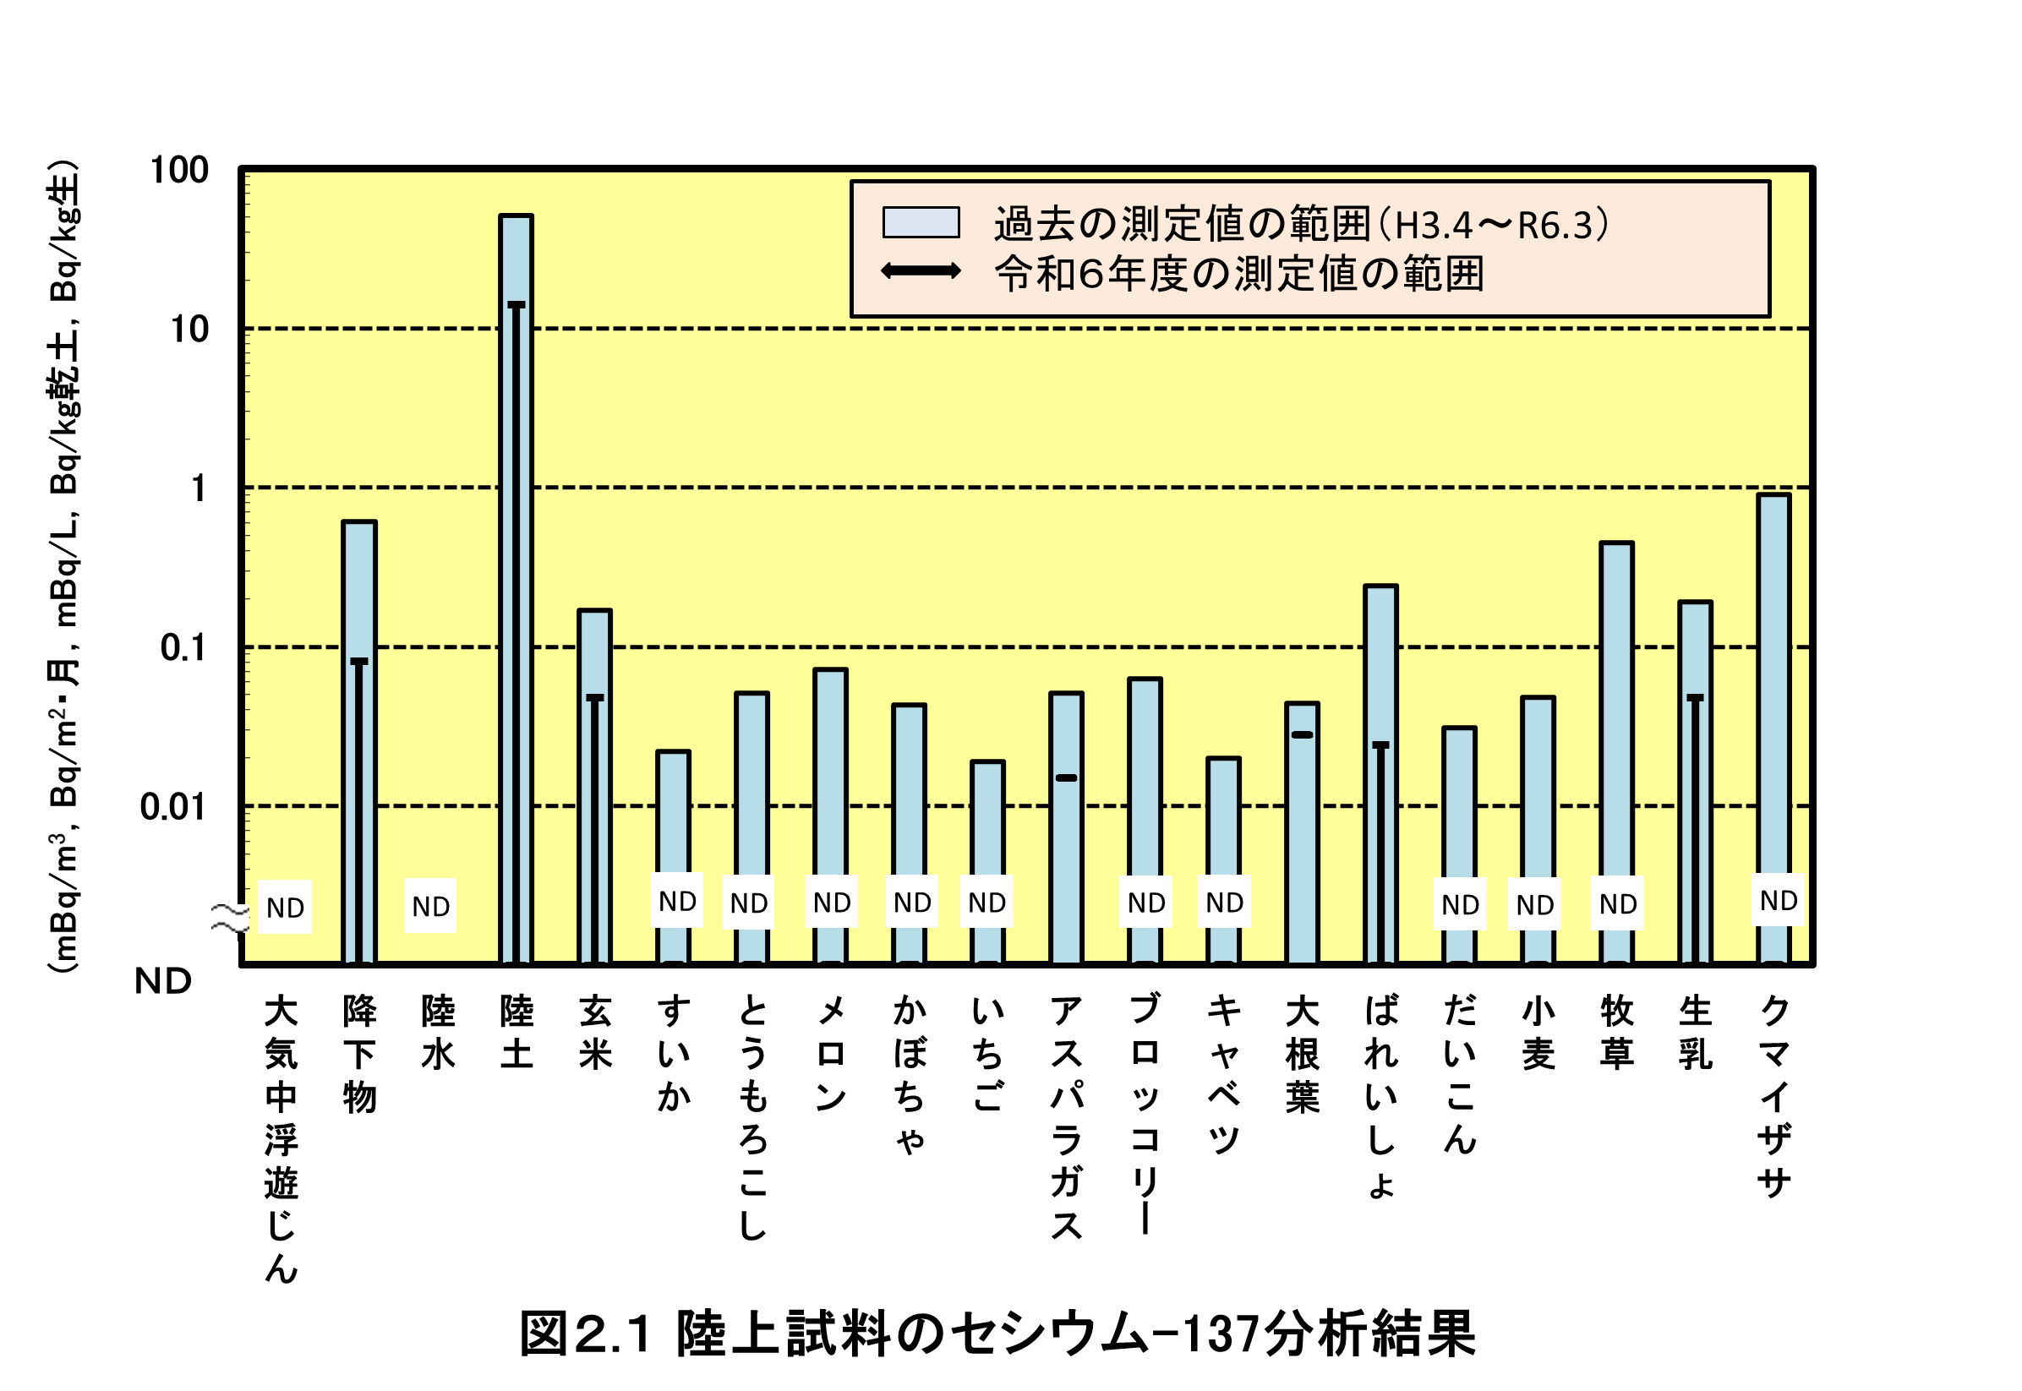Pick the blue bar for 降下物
click(x=358, y=741)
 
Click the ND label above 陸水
click(x=430, y=907)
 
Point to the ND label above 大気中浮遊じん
click(x=285, y=908)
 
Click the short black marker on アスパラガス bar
click(x=1066, y=777)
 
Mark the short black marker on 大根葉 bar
click(x=1301, y=734)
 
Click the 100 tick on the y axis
click(x=179, y=170)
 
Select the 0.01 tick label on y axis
click(x=173, y=807)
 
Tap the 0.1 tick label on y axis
click(x=184, y=647)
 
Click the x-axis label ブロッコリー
click(x=1145, y=1115)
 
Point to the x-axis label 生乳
click(x=1695, y=1033)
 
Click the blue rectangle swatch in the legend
click(x=921, y=222)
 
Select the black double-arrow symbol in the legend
click(x=921, y=271)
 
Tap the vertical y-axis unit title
click(x=65, y=566)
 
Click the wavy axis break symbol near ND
click(x=230, y=918)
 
